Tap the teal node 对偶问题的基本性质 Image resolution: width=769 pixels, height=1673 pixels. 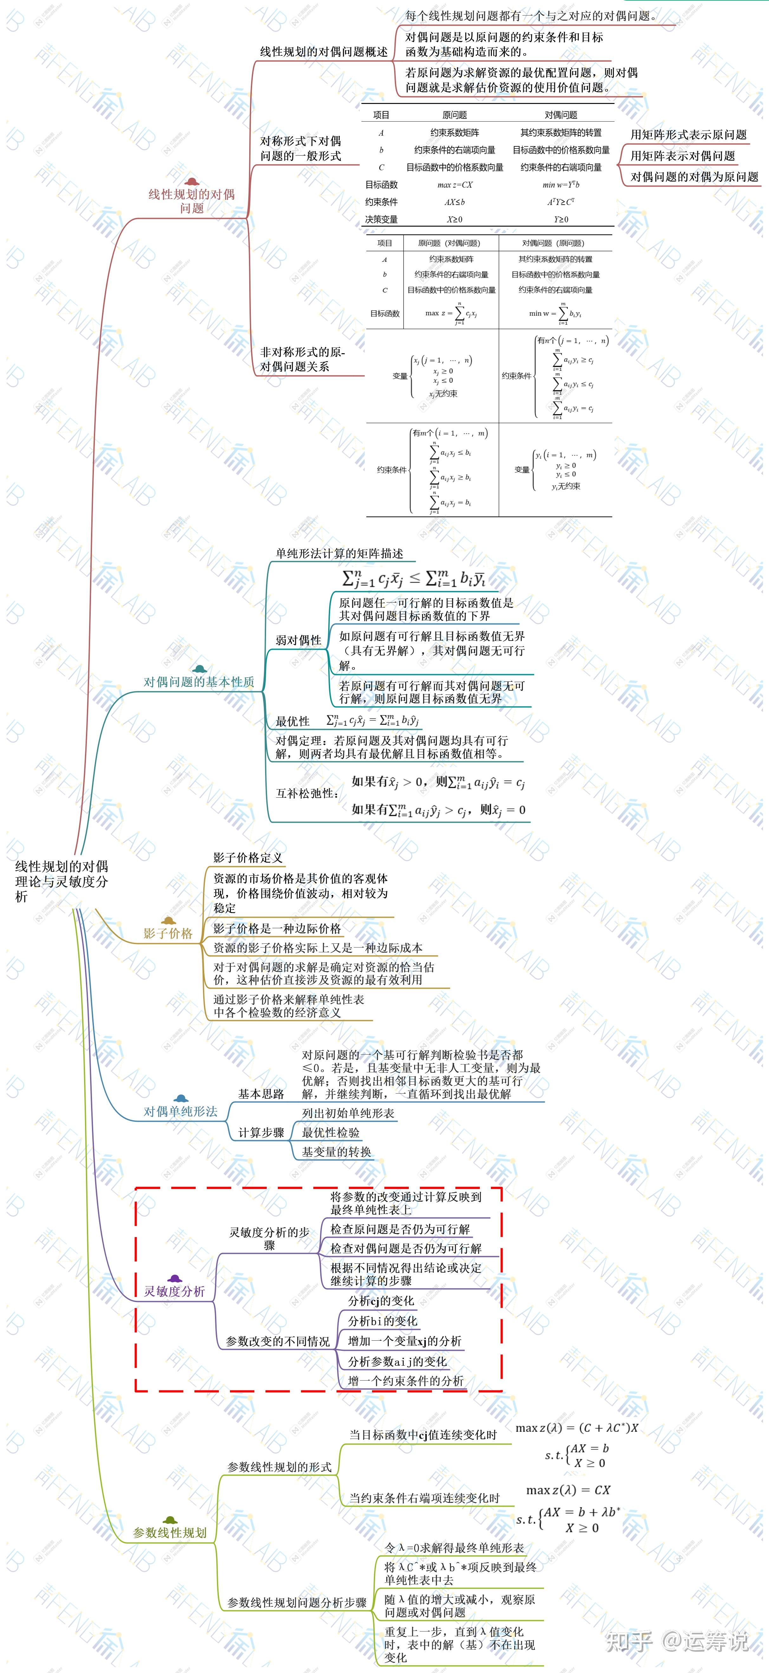[x=199, y=681]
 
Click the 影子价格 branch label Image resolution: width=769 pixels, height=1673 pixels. [x=168, y=933]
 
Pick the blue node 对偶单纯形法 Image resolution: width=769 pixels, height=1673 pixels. [x=181, y=1111]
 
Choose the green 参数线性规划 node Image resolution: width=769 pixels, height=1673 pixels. [x=170, y=1532]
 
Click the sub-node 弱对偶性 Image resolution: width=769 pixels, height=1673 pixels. [x=298, y=640]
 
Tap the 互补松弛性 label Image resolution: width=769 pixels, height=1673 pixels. [x=307, y=793]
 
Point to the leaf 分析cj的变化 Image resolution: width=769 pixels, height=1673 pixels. [x=381, y=1300]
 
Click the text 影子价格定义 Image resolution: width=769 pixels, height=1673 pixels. [x=248, y=857]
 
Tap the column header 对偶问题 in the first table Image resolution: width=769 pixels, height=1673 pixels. [x=560, y=115]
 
